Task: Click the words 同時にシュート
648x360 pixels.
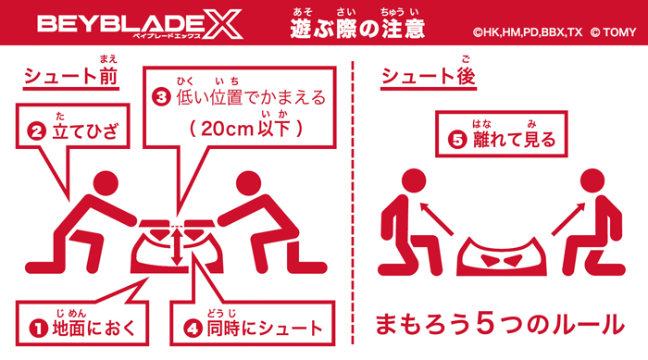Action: pos(264,328)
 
